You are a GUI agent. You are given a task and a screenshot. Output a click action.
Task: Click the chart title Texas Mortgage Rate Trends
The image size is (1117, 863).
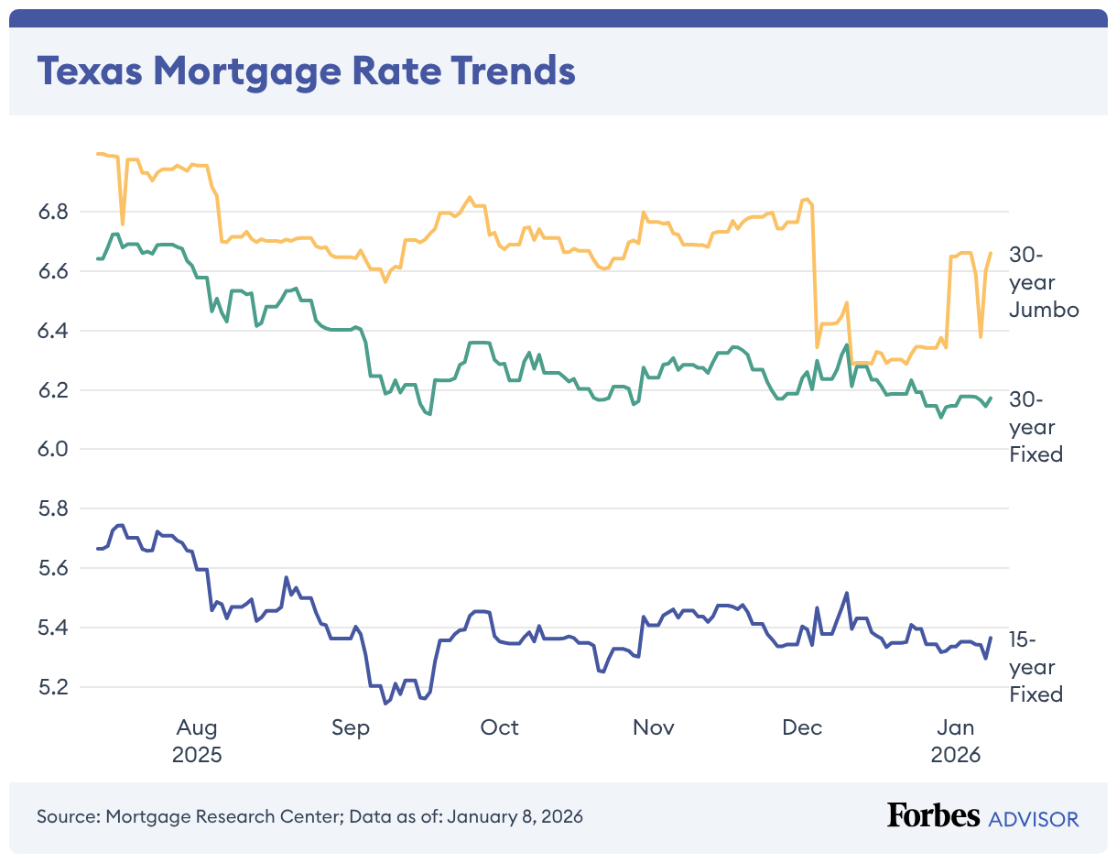(306, 71)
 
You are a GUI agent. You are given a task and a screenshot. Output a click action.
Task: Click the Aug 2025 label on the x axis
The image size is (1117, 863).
(197, 741)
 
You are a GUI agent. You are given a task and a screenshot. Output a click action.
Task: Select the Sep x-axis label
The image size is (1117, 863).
(351, 727)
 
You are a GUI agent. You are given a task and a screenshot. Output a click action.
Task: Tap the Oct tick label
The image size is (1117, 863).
(500, 727)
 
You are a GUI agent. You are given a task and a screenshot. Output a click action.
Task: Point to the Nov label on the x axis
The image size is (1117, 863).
(654, 727)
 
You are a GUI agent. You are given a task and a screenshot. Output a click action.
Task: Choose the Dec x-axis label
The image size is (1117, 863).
(803, 727)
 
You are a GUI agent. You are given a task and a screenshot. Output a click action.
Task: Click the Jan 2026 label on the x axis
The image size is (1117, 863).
(956, 741)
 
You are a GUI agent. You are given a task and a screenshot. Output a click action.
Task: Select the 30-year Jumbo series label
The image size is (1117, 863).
(1044, 282)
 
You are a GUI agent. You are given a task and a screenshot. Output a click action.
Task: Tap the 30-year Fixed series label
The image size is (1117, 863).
(1036, 427)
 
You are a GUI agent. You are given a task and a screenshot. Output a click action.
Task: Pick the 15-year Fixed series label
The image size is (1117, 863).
(1036, 667)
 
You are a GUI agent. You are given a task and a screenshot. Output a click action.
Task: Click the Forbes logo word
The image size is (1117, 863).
(934, 816)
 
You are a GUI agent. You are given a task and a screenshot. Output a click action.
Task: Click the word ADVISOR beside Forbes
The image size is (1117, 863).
(1034, 818)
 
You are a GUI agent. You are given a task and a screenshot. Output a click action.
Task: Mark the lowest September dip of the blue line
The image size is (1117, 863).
(385, 704)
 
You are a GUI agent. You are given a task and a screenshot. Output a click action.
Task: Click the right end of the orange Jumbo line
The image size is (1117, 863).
(991, 253)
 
